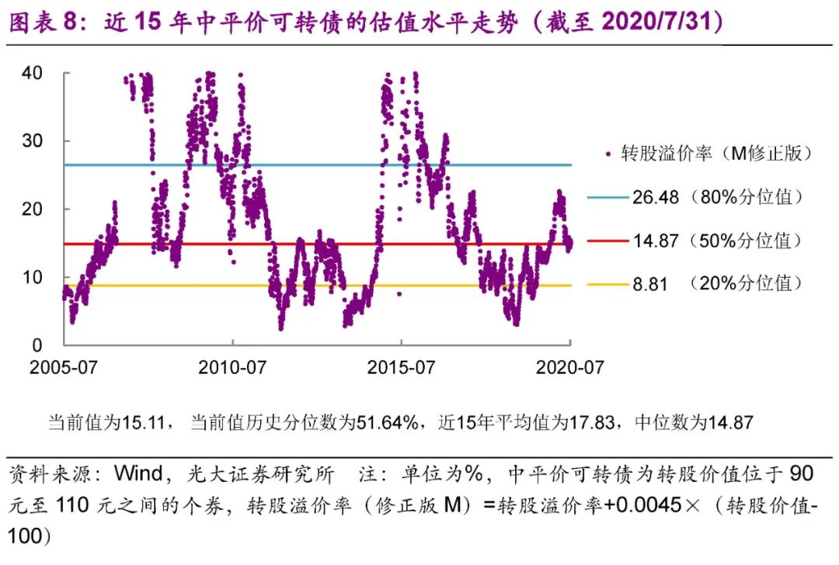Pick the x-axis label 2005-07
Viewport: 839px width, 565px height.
point(64,367)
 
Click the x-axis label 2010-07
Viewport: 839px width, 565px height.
point(232,367)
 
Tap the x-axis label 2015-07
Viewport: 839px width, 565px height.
point(401,367)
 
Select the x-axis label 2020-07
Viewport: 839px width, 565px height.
point(569,367)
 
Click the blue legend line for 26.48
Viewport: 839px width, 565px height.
point(607,197)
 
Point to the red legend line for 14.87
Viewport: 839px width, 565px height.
point(607,241)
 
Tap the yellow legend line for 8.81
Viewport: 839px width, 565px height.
point(607,284)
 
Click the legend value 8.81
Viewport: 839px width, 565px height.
point(650,284)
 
